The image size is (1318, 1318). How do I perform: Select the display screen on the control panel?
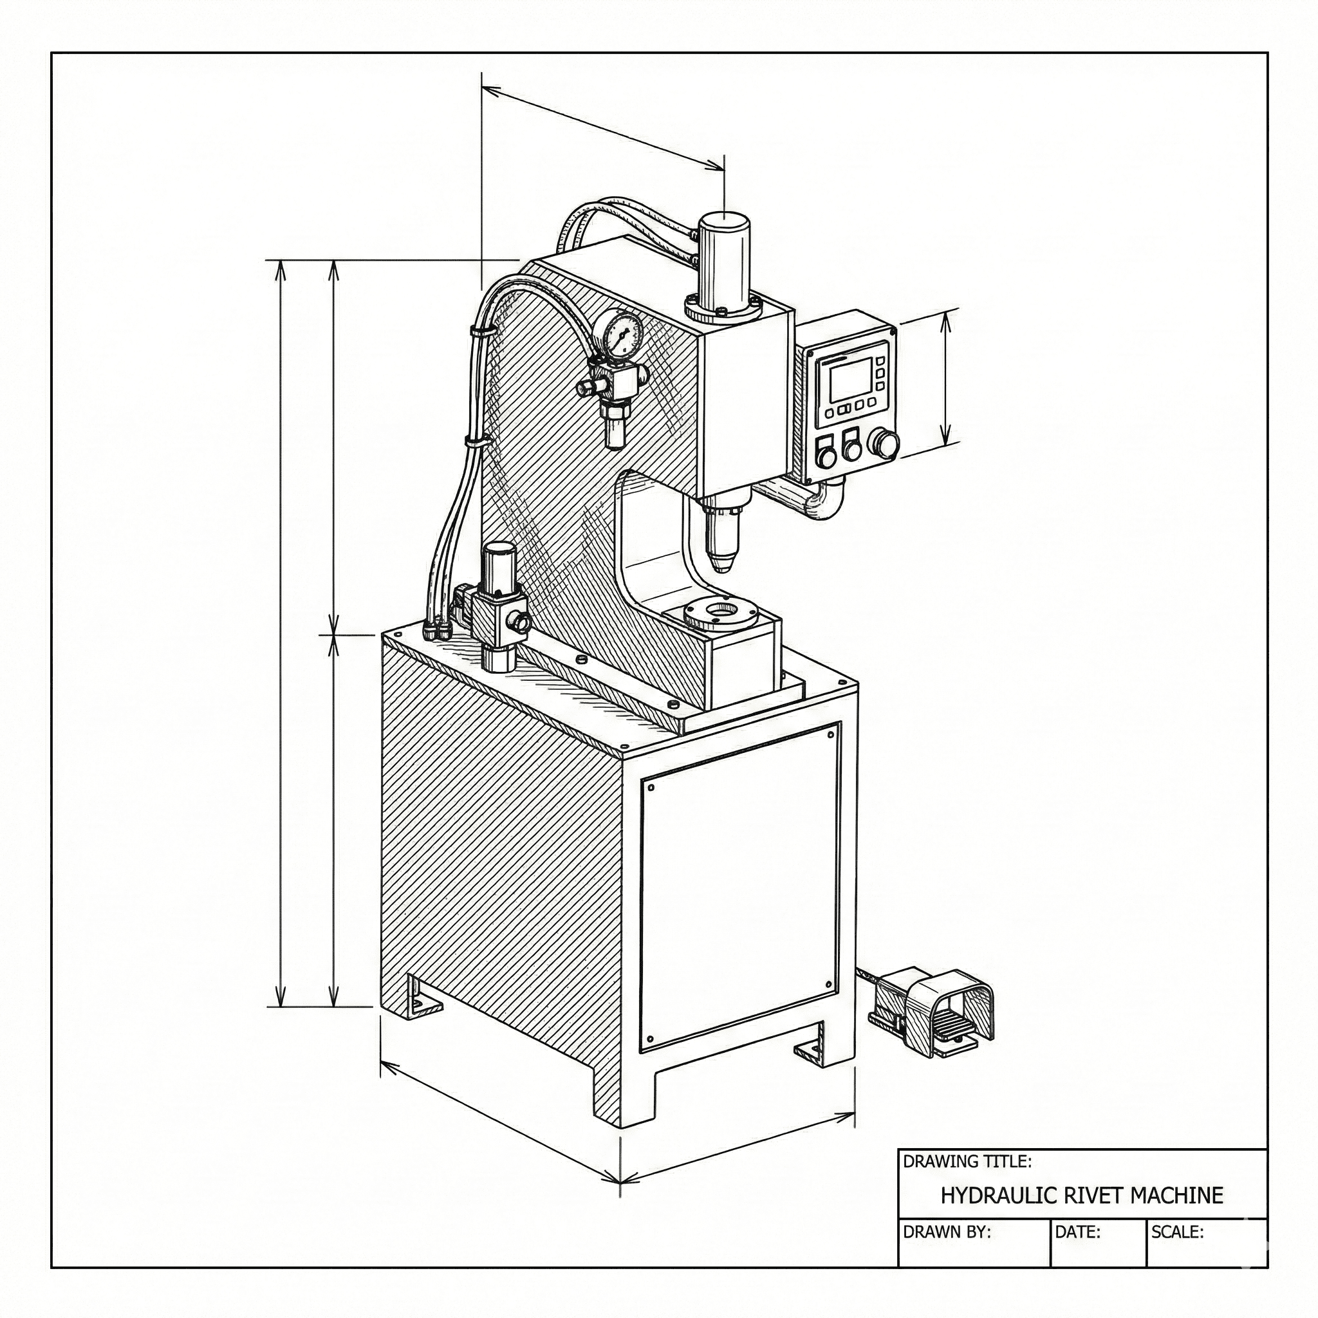coord(849,379)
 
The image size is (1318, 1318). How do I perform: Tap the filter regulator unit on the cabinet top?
coord(498,607)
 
